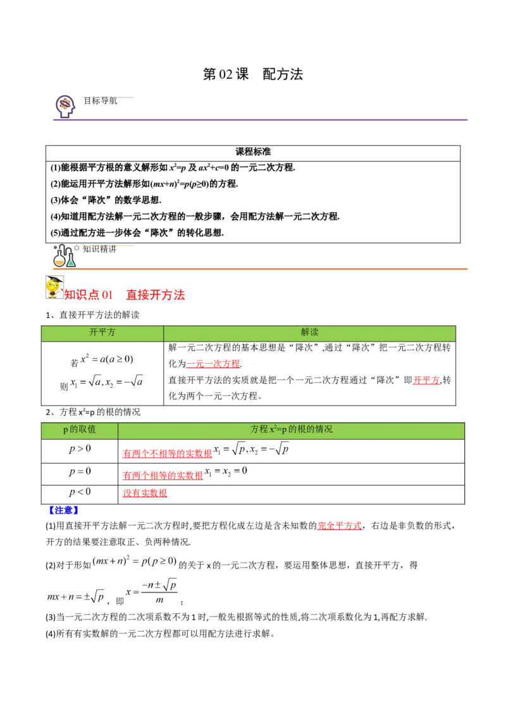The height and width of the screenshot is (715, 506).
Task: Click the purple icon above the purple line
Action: click(65, 105)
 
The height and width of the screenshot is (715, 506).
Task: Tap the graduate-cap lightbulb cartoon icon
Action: click(55, 287)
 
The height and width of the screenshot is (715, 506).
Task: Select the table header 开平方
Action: click(102, 333)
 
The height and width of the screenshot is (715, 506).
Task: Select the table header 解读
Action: click(309, 333)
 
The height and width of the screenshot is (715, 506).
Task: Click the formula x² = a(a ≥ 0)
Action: click(106, 359)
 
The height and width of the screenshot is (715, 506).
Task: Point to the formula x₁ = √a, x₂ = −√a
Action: click(106, 382)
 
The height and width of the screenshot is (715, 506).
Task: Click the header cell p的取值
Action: click(80, 430)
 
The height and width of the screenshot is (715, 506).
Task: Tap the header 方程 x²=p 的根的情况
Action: click(291, 430)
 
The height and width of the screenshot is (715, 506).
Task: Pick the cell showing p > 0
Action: click(81, 450)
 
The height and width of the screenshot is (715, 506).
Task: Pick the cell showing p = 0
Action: click(80, 472)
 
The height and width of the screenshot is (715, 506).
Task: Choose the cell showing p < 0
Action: click(80, 493)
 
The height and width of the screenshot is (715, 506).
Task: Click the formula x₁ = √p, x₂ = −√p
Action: click(252, 450)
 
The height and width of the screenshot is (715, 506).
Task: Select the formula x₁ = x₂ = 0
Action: click(227, 472)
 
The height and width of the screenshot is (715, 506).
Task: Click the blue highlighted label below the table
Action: click(63, 510)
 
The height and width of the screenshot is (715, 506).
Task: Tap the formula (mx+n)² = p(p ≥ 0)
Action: click(133, 561)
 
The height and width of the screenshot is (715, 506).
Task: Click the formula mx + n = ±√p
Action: click(75, 596)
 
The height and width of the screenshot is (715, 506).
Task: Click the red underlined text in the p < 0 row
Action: click(145, 493)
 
